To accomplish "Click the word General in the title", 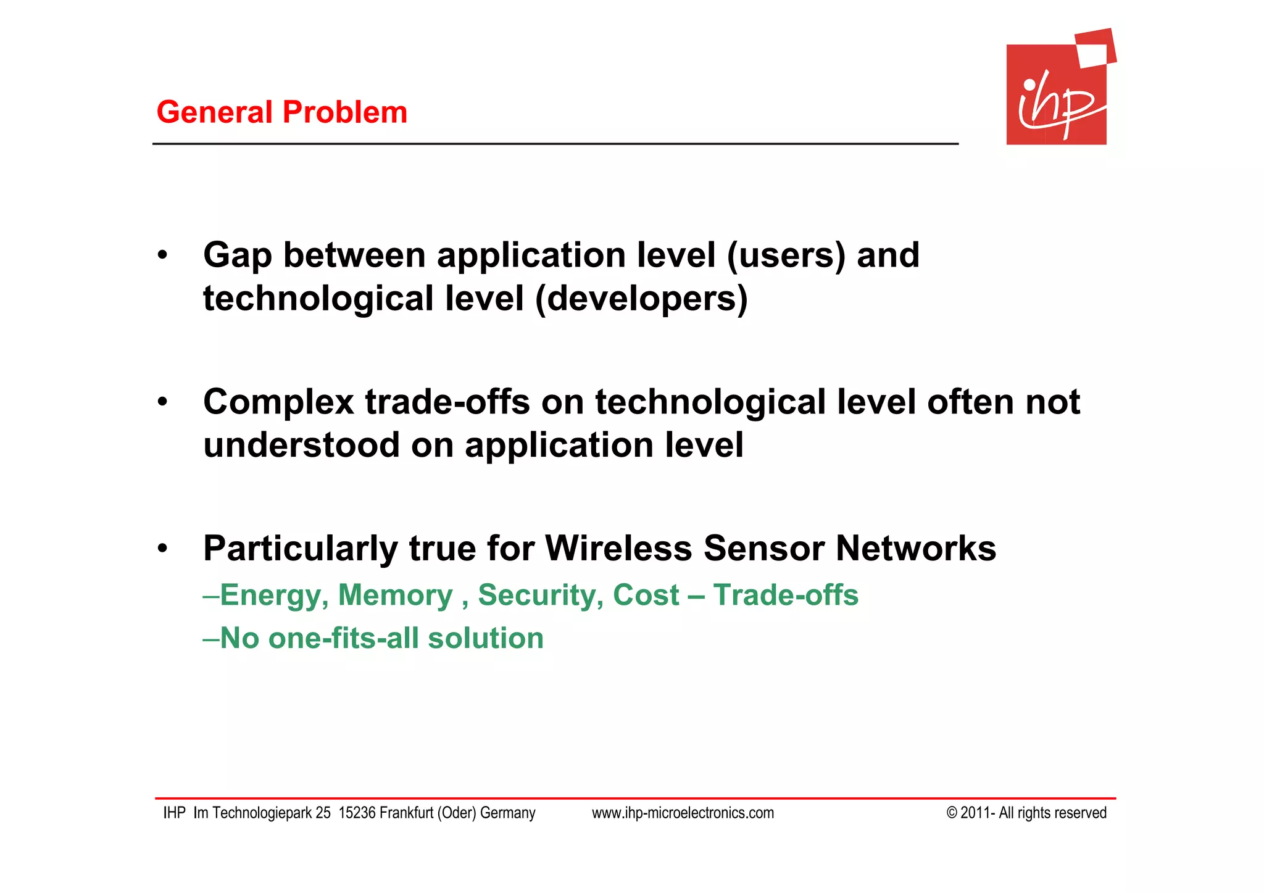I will point(214,112).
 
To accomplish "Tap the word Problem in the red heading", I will point(345,112).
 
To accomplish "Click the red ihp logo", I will point(1057,93).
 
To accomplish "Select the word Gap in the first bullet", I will point(237,256).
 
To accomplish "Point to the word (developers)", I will point(641,299).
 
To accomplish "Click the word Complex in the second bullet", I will point(278,402).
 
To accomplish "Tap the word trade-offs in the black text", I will point(447,402).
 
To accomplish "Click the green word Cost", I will point(646,595).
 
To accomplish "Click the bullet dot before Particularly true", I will point(162,548).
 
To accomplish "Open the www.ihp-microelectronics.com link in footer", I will point(683,813).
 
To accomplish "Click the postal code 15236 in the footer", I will point(357,813).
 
